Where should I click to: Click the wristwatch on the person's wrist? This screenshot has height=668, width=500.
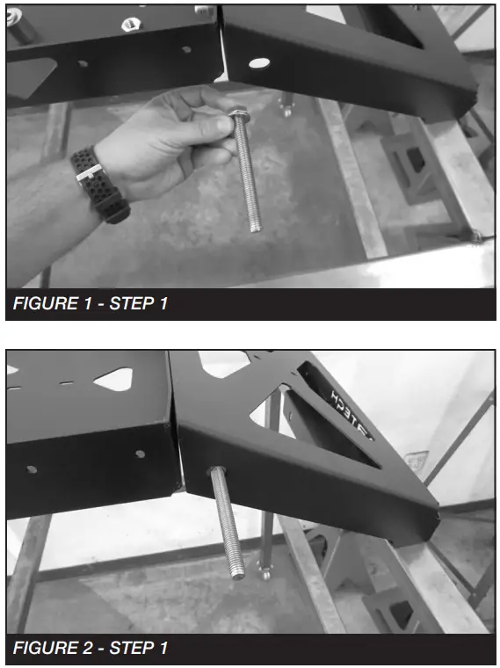98,183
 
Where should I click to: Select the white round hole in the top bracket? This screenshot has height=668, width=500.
258,63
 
